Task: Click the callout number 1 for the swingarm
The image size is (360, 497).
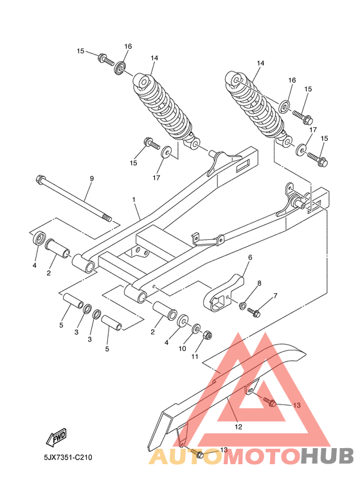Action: (x=134, y=200)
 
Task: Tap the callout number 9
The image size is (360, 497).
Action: (x=91, y=178)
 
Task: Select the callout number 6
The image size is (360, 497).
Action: (x=250, y=257)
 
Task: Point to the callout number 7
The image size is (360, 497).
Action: (x=275, y=296)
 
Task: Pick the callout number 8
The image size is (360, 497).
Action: (x=259, y=283)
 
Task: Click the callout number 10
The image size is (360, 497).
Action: (x=183, y=349)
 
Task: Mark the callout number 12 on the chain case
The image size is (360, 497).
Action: (x=237, y=426)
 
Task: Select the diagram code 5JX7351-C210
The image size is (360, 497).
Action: (x=64, y=458)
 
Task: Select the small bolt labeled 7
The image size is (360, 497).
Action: (x=255, y=313)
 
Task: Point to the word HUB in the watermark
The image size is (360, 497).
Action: (x=327, y=456)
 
